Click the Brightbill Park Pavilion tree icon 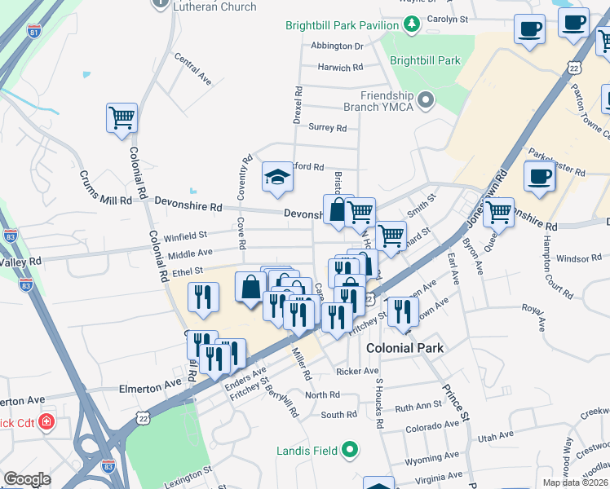(413, 21)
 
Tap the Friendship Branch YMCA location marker (425, 101)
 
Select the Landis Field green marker (350, 448)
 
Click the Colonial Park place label (404, 347)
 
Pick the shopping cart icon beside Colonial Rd (122, 117)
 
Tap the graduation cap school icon (277, 176)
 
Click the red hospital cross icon (46, 423)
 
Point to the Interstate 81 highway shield (34, 32)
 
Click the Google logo (27, 478)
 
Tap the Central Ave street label (192, 70)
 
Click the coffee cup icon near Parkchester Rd (538, 176)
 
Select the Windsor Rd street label (579, 258)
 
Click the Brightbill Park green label (425, 60)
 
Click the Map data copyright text (575, 482)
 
